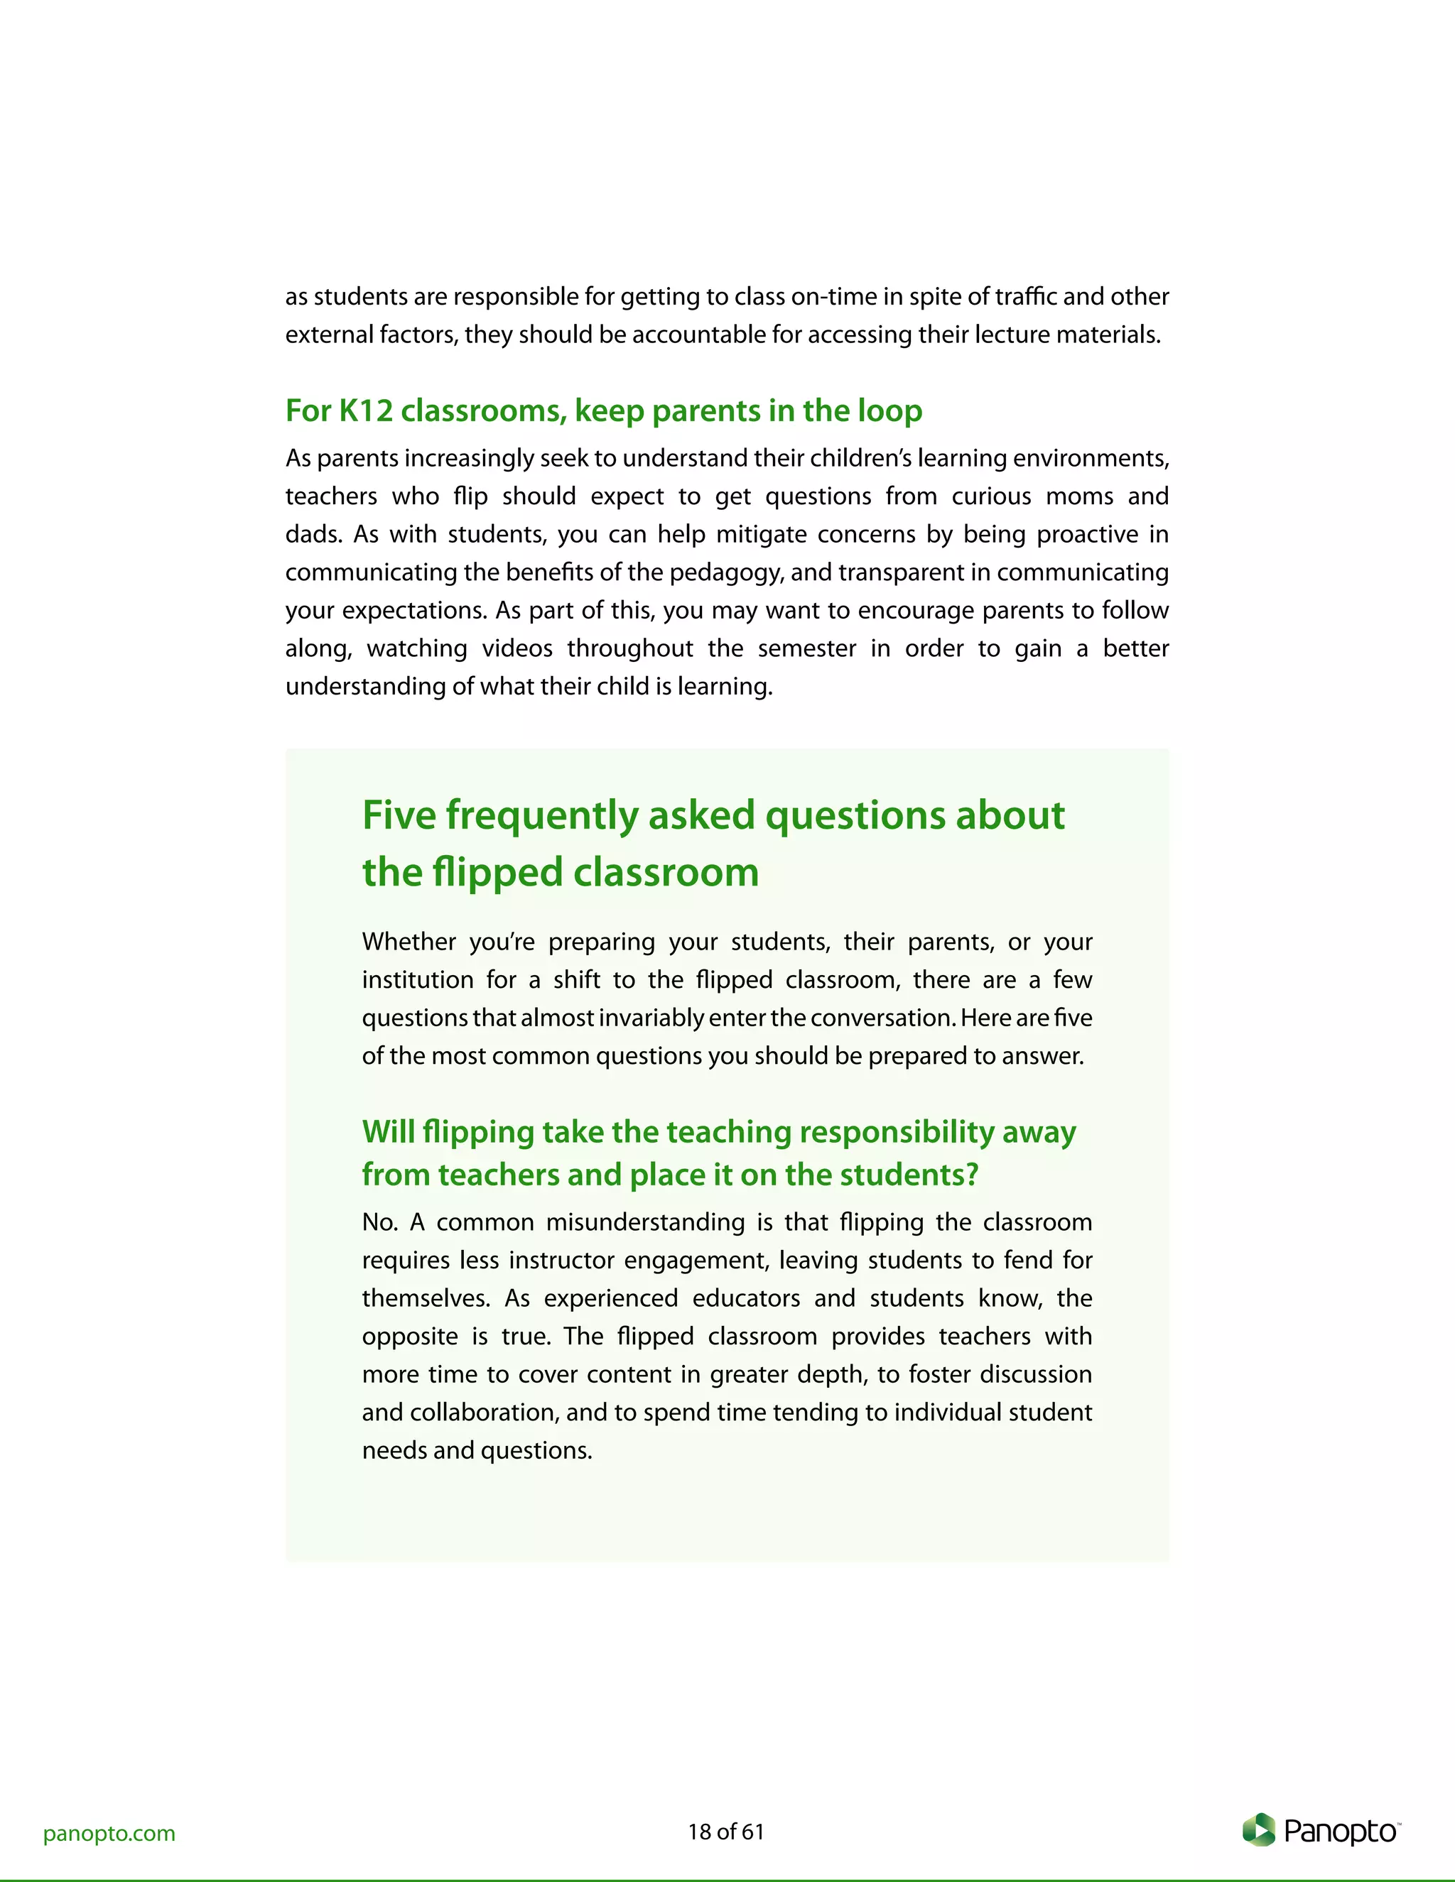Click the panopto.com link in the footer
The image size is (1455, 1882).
tap(109, 1833)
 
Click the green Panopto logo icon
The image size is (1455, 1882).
tap(1258, 1829)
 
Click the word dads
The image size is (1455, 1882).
tap(312, 534)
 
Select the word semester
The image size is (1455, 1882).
tap(807, 648)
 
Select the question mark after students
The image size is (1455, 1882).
tap(973, 1175)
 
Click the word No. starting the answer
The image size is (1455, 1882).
tap(379, 1222)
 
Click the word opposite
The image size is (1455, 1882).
tap(409, 1337)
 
